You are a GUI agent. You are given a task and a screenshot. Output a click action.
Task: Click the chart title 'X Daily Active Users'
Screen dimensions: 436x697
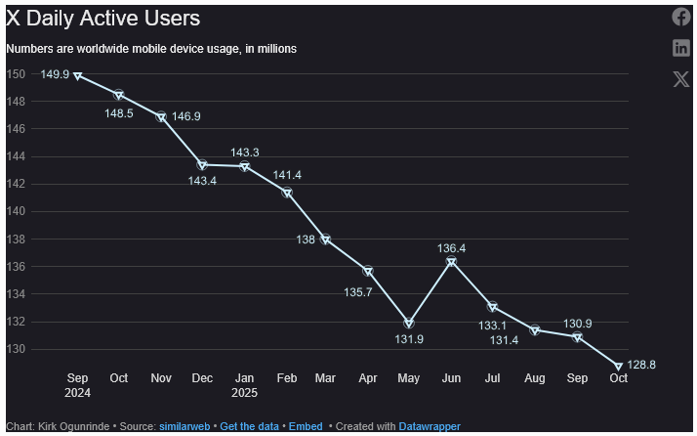102,19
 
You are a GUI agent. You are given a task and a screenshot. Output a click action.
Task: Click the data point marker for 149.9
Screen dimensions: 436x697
78,75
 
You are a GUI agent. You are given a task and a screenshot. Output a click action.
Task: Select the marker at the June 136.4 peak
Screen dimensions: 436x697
451,262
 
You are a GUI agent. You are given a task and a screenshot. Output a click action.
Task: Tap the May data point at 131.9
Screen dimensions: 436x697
409,324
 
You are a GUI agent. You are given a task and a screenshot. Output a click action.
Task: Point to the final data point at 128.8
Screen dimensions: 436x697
618,367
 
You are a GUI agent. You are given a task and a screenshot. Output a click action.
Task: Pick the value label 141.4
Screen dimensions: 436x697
287,175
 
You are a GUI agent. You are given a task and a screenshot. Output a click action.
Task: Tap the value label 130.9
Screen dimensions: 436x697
577,324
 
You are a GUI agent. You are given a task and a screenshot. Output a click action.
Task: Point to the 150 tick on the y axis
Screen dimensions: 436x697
16,74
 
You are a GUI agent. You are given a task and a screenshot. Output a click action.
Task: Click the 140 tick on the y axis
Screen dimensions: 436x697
16,211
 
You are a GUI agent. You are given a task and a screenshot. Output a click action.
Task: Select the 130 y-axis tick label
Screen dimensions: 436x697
16,349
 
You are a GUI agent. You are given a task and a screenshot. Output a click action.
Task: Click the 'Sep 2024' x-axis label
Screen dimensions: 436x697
78,384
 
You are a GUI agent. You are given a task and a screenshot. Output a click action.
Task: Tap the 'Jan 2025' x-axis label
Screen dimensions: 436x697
245,384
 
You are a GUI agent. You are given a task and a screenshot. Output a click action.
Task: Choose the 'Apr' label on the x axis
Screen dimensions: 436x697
368,378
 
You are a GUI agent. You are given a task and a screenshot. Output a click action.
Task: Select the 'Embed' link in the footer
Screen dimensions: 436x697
306,426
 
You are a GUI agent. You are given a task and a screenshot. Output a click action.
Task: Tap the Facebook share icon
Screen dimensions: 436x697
681,17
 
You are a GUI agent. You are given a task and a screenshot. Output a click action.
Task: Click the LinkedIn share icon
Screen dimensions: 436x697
681,48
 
